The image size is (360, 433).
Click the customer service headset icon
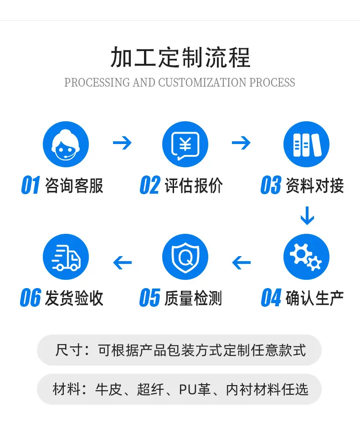click(66, 144)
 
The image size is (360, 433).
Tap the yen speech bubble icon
click(185, 144)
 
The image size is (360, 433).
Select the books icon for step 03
click(306, 144)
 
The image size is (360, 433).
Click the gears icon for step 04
click(306, 257)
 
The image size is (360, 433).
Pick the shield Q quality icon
click(185, 257)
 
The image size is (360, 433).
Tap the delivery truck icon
click(66, 257)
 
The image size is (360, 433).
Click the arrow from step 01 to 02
click(122, 143)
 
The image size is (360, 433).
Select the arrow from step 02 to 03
click(242, 143)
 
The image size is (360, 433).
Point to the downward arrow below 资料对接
click(307, 216)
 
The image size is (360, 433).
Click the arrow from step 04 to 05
click(242, 262)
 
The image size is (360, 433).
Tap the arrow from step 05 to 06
click(122, 262)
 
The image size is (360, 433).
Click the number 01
click(31, 186)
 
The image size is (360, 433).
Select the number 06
click(31, 298)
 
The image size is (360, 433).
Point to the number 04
click(271, 298)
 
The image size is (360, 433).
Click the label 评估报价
click(194, 186)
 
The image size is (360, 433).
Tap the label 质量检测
click(194, 298)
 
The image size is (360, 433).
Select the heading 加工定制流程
click(180, 57)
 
